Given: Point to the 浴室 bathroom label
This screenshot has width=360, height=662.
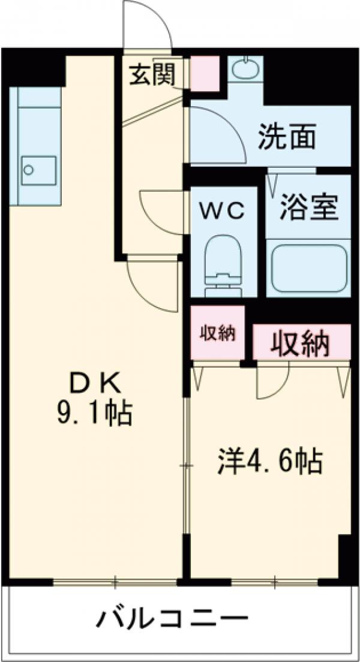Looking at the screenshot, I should (308, 207).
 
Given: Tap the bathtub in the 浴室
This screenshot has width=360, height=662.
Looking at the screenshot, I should (308, 268).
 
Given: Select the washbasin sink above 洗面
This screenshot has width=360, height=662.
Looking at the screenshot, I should (245, 70).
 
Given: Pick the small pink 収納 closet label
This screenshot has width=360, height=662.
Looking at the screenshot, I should (217, 333).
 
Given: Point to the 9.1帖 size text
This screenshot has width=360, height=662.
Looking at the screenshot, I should (95, 413).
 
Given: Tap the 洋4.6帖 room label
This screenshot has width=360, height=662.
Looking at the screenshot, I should (270, 462).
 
